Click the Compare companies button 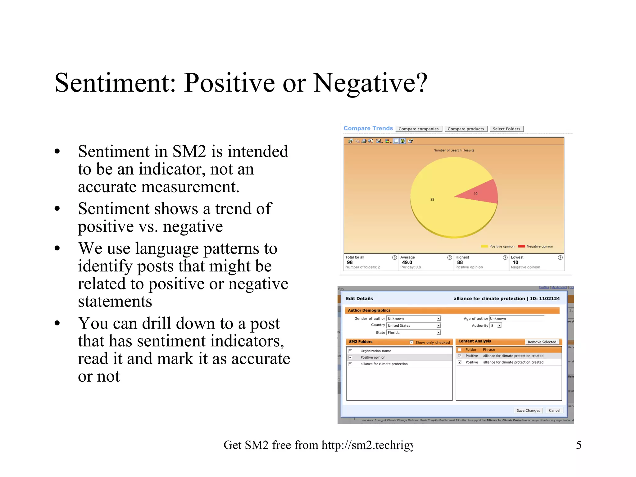(418, 129)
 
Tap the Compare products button (466, 129)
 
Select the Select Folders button (506, 129)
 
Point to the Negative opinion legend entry (536, 246)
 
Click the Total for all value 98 (350, 262)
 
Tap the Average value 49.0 (407, 262)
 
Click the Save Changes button (528, 410)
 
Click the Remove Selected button (542, 342)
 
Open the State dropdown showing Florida (438, 333)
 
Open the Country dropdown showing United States (438, 325)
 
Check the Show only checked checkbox (411, 342)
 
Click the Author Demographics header (369, 310)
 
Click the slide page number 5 (579, 445)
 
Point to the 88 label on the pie (432, 199)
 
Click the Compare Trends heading (368, 128)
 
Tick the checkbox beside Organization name (350, 351)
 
